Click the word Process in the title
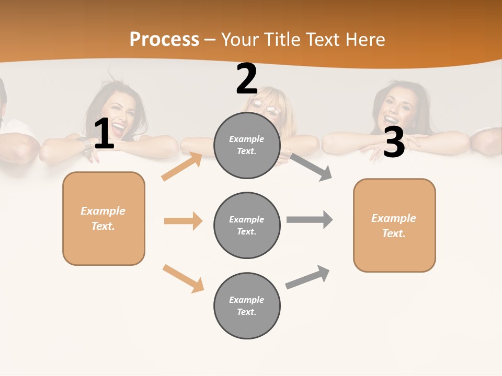164,39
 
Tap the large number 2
247,79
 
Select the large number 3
394,142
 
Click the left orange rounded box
104,218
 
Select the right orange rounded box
394,225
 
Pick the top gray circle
247,145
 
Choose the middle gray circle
247,225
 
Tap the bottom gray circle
247,305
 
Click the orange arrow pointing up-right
182,167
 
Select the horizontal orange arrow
183,221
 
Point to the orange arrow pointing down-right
184,278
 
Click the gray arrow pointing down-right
311,167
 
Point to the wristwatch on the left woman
84,143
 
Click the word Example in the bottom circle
247,300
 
